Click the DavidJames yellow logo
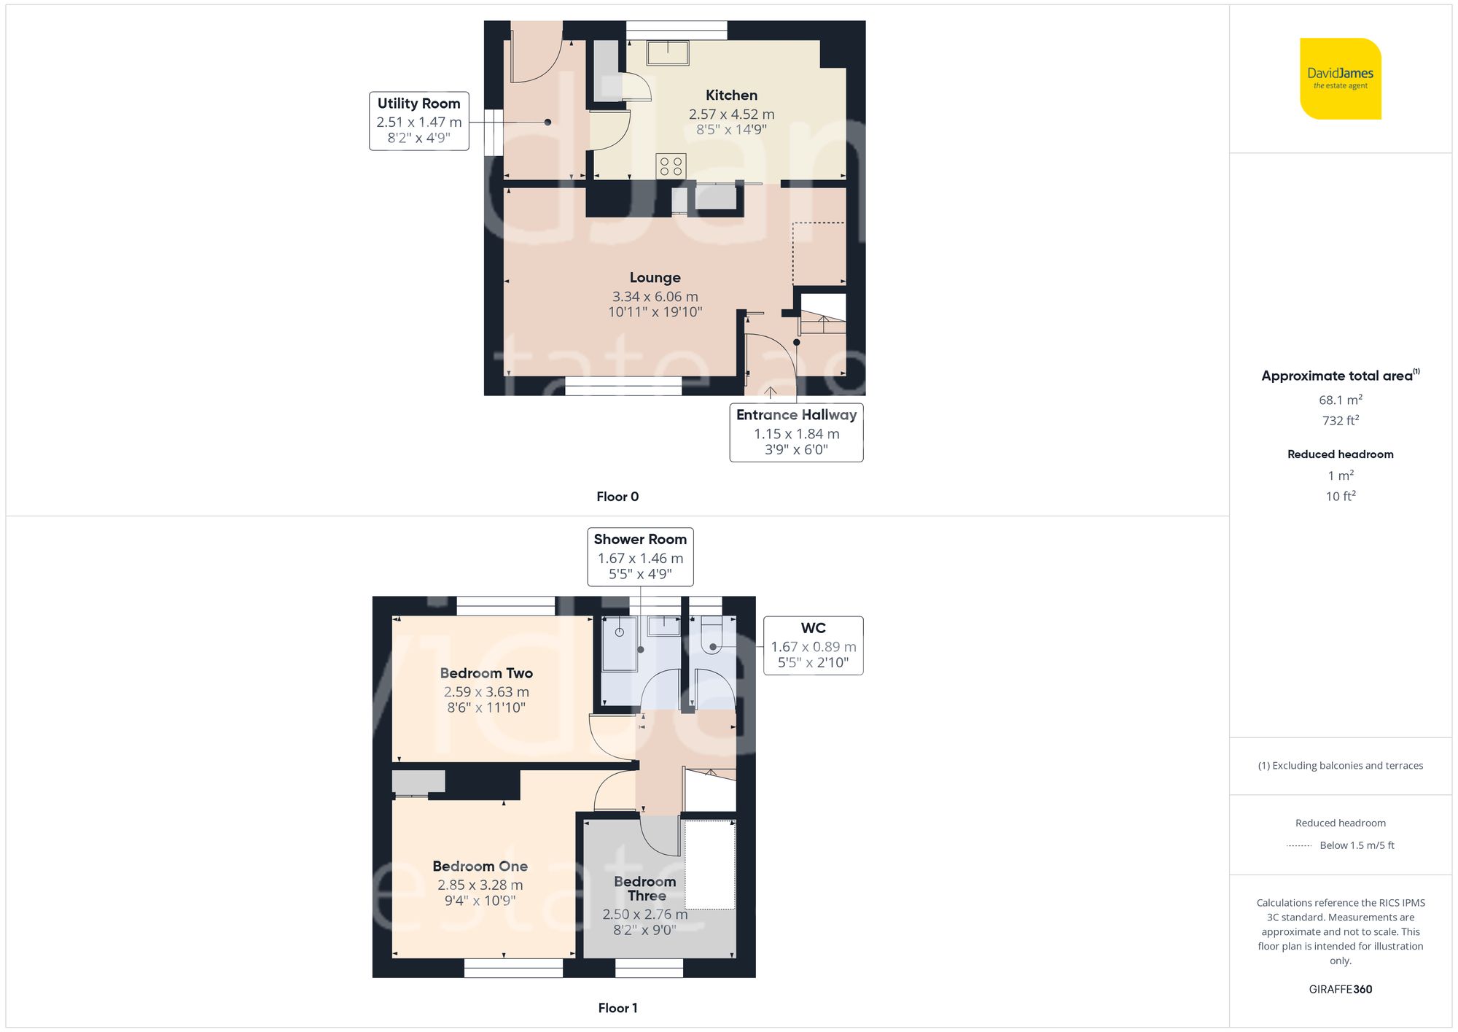pyautogui.click(x=1340, y=79)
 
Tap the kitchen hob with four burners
pyautogui.click(x=671, y=166)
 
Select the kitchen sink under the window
pyautogui.click(x=667, y=53)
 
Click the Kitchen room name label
pyautogui.click(x=731, y=96)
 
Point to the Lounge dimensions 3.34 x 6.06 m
pyautogui.click(x=655, y=297)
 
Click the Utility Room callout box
pyautogui.click(x=418, y=121)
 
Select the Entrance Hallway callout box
pyautogui.click(x=796, y=432)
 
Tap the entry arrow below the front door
pyautogui.click(x=771, y=392)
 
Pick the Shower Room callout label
pyautogui.click(x=640, y=556)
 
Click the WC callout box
pyautogui.click(x=813, y=645)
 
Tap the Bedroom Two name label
pyautogui.click(x=486, y=673)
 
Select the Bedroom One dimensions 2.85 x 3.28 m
pyautogui.click(x=480, y=885)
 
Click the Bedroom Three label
pyautogui.click(x=645, y=888)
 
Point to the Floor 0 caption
pyautogui.click(x=617, y=497)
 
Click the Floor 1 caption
pyautogui.click(x=617, y=1008)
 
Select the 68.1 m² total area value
pyautogui.click(x=1340, y=400)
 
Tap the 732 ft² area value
pyautogui.click(x=1340, y=421)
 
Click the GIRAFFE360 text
pyautogui.click(x=1340, y=990)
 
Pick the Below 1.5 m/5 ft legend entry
pyautogui.click(x=1356, y=845)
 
